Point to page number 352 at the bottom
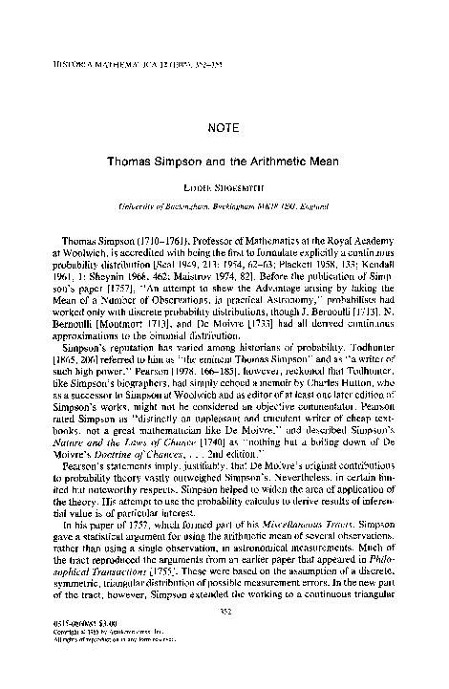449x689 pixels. point(224,636)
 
